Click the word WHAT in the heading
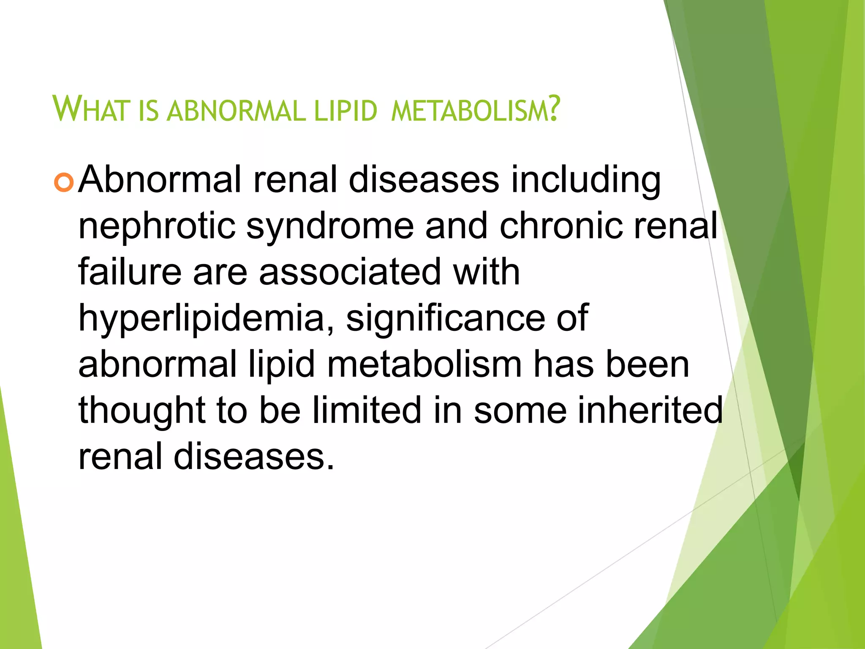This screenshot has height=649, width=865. [90, 109]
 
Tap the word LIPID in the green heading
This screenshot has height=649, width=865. [345, 110]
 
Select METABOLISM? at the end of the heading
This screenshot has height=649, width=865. [475, 109]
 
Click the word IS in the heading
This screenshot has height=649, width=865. [148, 110]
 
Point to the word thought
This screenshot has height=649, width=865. [141, 411]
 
